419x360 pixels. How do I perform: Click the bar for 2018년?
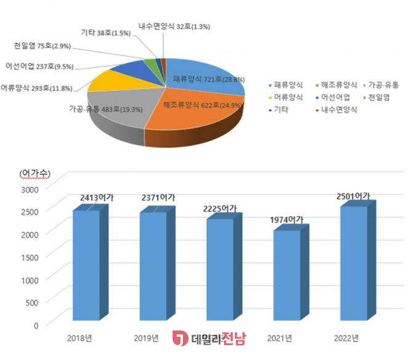click(86, 265)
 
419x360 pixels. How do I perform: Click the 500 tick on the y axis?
click(35, 302)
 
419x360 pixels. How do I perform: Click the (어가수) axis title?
click(38, 172)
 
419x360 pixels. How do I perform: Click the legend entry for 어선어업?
click(333, 97)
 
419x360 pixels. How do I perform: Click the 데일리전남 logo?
click(209, 338)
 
